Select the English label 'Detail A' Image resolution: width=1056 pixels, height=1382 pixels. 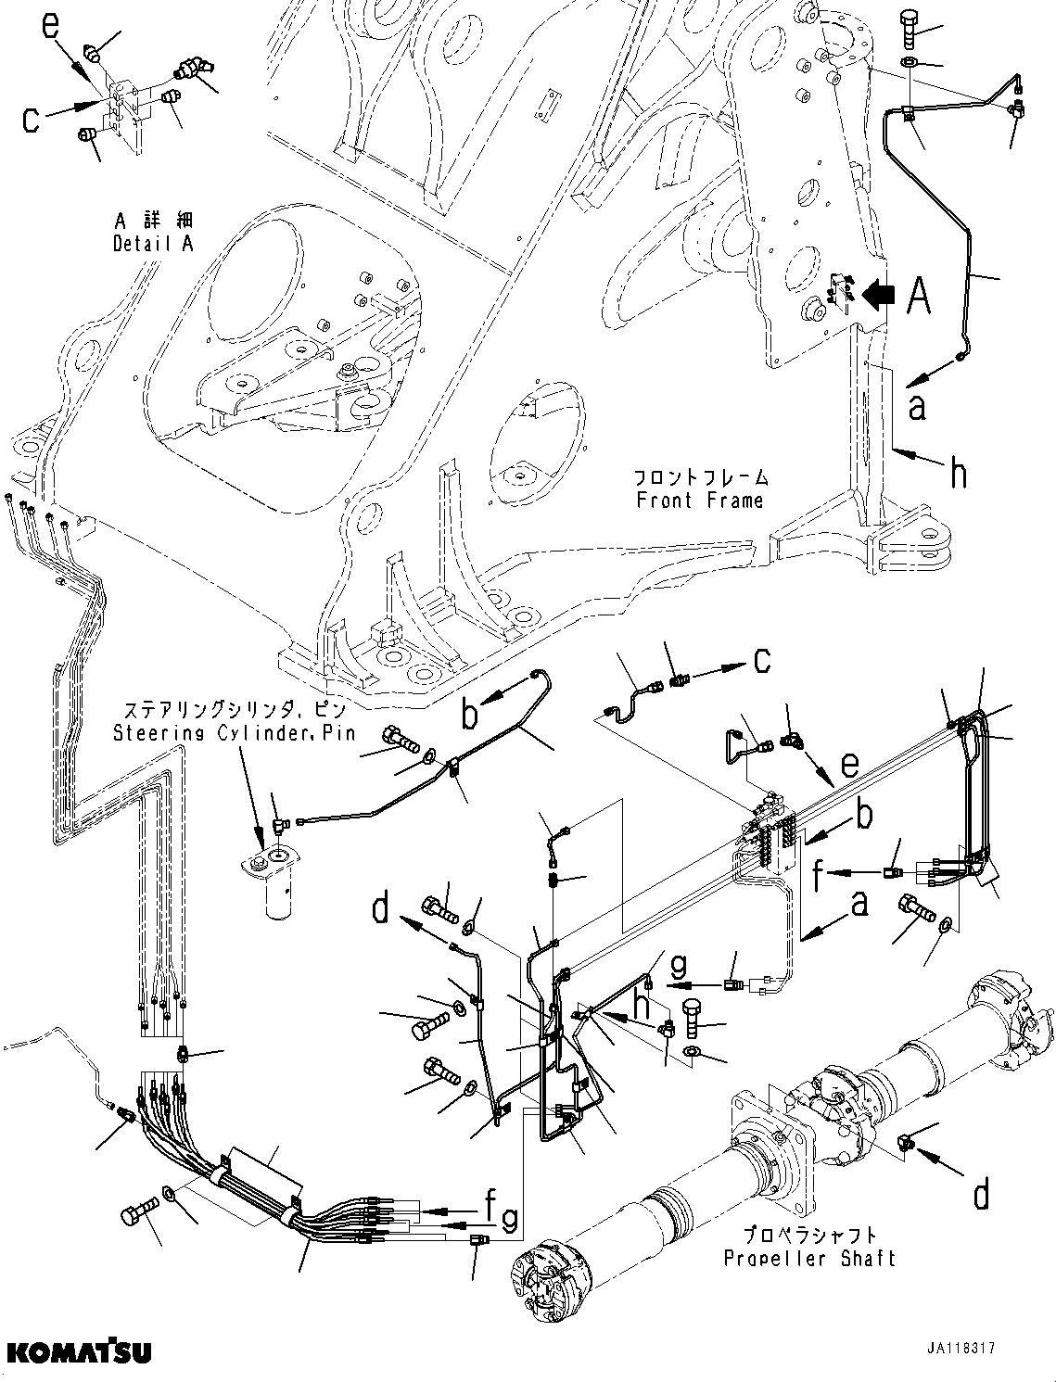pos(153,244)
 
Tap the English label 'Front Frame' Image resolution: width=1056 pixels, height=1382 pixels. pos(700,501)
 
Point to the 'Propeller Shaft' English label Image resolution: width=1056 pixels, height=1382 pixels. pos(808,1258)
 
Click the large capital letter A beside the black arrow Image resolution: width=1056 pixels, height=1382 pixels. pos(917,297)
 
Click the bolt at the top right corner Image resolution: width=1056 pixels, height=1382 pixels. pos(909,29)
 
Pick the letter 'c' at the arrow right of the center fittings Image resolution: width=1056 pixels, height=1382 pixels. pos(760,661)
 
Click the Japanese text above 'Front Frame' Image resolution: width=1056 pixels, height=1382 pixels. pos(701,477)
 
